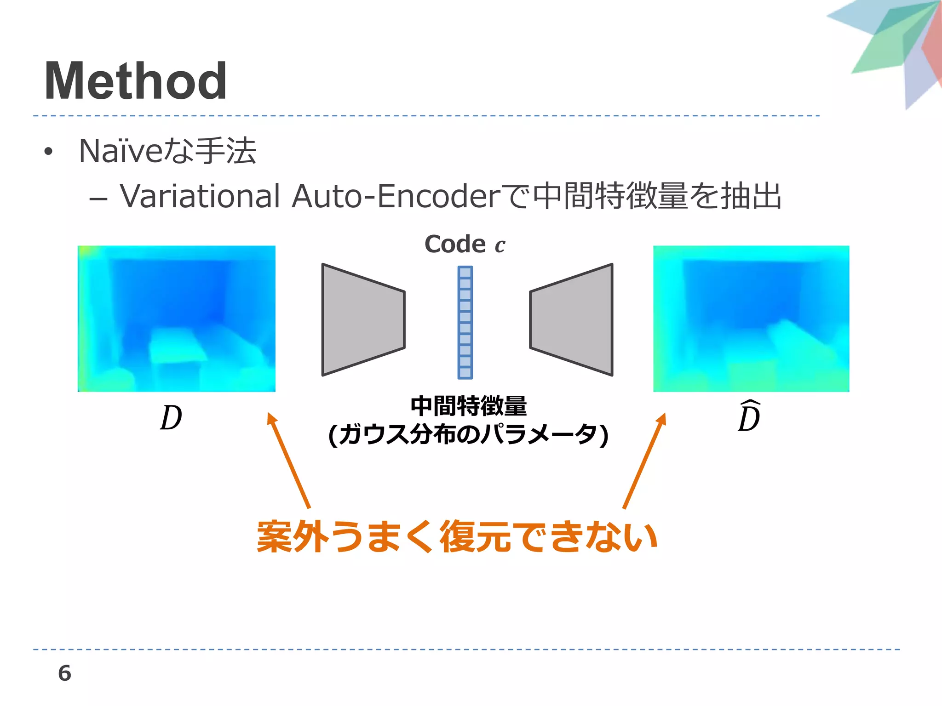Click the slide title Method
click(x=135, y=81)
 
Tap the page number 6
click(x=64, y=673)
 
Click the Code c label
click(x=465, y=244)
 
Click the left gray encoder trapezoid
click(x=363, y=320)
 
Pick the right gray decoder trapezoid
click(x=572, y=320)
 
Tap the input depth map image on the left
click(x=177, y=319)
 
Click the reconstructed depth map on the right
click(x=751, y=319)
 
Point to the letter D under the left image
click(x=171, y=418)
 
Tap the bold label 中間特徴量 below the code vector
click(x=468, y=406)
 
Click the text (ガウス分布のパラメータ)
click(x=468, y=434)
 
